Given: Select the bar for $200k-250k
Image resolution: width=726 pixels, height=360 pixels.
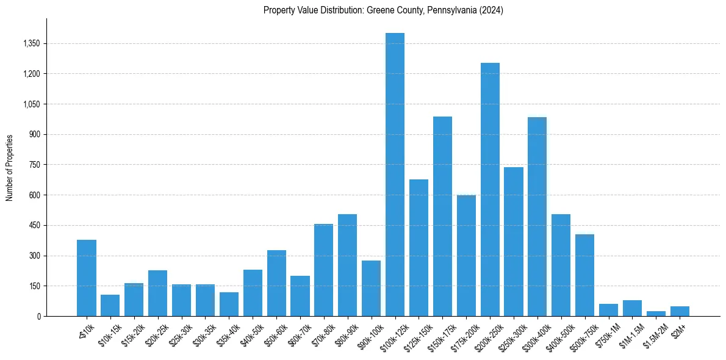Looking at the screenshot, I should tap(490, 189).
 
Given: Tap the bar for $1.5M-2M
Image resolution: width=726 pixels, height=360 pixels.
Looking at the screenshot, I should tap(656, 314).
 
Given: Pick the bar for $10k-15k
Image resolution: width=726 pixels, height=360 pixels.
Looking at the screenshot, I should tap(110, 306).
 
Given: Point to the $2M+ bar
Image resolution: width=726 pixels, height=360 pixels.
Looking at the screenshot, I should tap(680, 311).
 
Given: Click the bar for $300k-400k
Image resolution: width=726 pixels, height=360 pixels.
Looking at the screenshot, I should tap(537, 217).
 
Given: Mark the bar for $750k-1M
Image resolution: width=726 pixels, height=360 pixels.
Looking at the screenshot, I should tap(608, 310).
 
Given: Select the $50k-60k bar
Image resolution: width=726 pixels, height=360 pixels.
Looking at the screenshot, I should tap(276, 283).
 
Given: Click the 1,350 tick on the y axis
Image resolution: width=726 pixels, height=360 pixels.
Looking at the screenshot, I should tap(31, 44).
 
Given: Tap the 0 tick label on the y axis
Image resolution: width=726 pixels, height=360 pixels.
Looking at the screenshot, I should tap(38, 317).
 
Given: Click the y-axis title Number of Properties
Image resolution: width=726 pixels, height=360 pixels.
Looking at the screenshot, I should tap(10, 167).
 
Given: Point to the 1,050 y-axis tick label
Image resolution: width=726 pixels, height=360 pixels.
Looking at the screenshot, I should tap(31, 104).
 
